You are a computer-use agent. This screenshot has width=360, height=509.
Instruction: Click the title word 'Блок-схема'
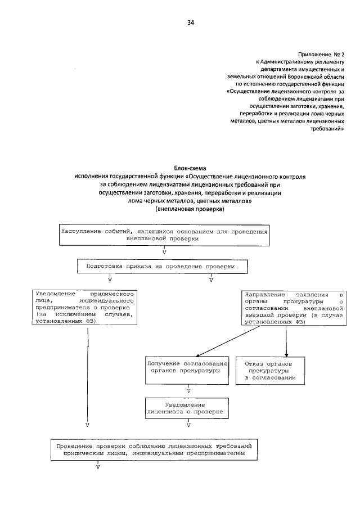coord(191,169)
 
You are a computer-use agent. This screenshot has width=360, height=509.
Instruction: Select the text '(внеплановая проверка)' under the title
coord(190,209)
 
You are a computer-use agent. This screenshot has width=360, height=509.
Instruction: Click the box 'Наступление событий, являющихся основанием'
coord(163,235)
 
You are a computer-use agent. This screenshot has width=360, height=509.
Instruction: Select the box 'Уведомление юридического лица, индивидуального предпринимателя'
coord(84,308)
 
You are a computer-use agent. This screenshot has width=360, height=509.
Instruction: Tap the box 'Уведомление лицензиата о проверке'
coord(188,408)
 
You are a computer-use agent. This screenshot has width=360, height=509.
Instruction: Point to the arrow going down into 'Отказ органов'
coord(287,341)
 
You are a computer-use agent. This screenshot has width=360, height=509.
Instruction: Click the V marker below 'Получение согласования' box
coord(188,390)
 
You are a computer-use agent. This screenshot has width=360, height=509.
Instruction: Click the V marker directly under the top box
coord(164,252)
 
